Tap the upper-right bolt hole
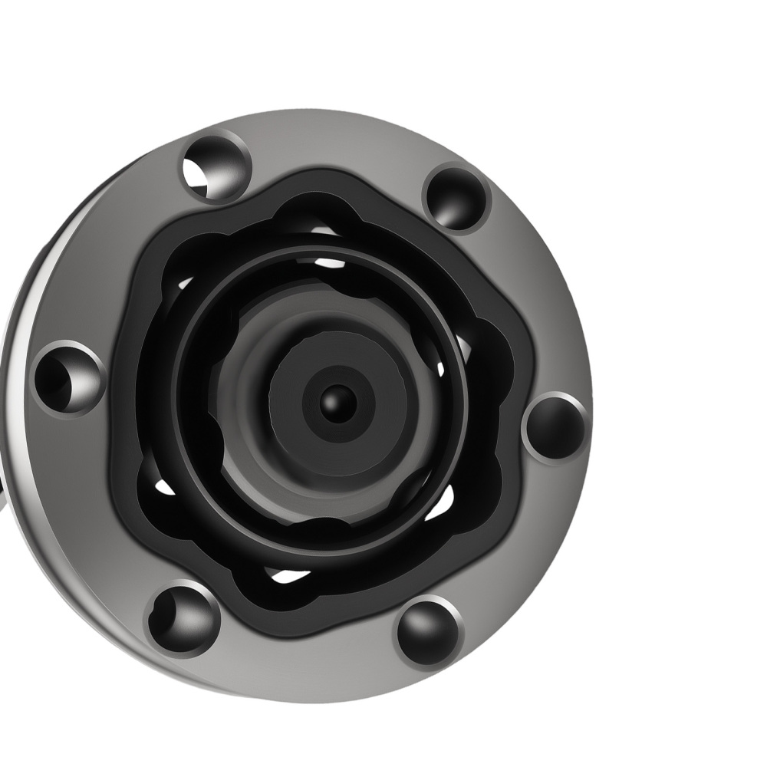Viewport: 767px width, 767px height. click(457, 198)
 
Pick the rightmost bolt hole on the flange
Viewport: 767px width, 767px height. click(555, 428)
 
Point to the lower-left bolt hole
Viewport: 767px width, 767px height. click(183, 618)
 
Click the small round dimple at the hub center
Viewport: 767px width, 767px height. click(335, 401)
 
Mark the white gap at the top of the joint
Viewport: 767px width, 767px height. click(330, 262)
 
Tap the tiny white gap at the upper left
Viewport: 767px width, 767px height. click(184, 283)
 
